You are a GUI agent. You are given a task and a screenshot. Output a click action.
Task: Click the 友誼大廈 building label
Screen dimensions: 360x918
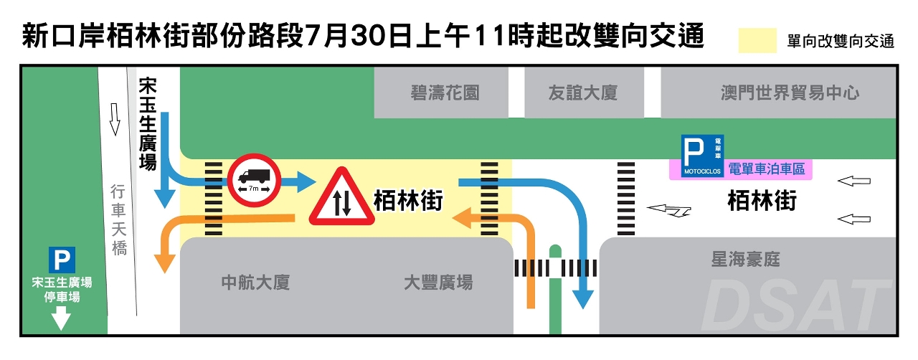pyautogui.click(x=582, y=93)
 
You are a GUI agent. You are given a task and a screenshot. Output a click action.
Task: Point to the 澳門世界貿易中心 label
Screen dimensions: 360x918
pyautogui.click(x=790, y=93)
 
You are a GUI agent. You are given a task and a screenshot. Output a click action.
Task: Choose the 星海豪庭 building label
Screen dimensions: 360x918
pyautogui.click(x=745, y=259)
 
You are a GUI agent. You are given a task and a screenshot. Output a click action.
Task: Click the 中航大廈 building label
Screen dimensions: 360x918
pyautogui.click(x=255, y=282)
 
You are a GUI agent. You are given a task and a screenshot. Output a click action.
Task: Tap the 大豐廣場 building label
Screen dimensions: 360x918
pyautogui.click(x=438, y=282)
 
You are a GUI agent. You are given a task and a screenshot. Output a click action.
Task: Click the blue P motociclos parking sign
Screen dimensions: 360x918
pyautogui.click(x=702, y=156)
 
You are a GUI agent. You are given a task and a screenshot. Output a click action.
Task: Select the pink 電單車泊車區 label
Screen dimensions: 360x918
pyautogui.click(x=767, y=170)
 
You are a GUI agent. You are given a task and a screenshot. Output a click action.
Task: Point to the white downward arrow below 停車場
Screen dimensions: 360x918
pyautogui.click(x=62, y=317)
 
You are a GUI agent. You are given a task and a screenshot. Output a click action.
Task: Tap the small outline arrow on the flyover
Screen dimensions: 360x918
pyautogui.click(x=113, y=118)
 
